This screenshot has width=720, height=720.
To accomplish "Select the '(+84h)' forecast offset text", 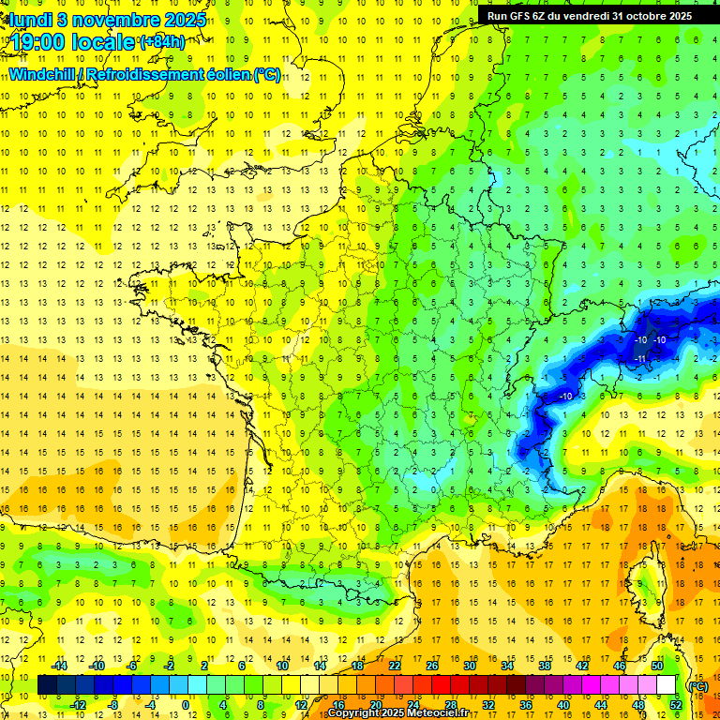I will [x=161, y=41].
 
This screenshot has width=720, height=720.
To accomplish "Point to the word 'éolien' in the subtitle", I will [x=224, y=74].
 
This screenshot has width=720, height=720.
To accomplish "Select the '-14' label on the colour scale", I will [x=59, y=666].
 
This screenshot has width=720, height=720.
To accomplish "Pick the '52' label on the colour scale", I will [x=676, y=705].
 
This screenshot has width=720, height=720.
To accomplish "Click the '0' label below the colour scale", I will [x=186, y=705].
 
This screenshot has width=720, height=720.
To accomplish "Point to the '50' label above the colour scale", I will [x=657, y=666].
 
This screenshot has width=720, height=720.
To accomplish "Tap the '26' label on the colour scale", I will [x=432, y=666].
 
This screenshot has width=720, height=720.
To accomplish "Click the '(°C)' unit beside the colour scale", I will [x=697, y=685].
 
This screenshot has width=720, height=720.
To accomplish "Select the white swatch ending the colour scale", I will [x=667, y=685].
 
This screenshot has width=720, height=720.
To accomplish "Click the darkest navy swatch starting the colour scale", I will [x=47, y=685].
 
